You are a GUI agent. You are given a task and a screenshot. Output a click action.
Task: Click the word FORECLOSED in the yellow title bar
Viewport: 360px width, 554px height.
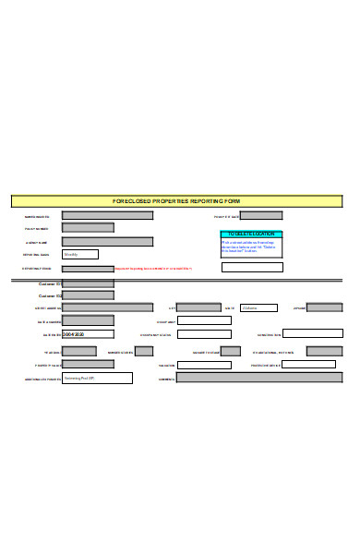tap(132, 200)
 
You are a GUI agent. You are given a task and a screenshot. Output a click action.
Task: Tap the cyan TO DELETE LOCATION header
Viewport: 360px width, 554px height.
tap(252, 235)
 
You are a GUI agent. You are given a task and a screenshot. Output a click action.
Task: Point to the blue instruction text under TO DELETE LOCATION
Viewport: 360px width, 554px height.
tap(252, 247)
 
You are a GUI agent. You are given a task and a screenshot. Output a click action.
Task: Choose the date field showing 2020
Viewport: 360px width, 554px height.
tap(88, 334)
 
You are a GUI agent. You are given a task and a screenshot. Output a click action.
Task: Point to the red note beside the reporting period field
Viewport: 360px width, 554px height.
tap(153, 269)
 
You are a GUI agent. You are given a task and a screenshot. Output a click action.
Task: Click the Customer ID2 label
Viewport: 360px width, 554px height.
tap(50, 295)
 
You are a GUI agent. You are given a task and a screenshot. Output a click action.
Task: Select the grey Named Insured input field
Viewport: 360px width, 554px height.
tap(107, 216)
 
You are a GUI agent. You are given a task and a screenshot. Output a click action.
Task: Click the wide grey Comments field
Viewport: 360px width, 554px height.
tap(258, 378)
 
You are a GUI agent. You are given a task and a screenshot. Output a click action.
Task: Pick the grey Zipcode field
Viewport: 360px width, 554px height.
tap(329, 307)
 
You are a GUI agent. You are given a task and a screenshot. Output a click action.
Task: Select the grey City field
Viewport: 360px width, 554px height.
tap(198, 307)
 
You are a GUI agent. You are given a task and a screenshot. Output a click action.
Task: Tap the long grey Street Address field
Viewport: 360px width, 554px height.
tap(107, 307)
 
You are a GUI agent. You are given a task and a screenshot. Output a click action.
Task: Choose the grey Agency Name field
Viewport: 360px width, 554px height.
tap(107, 241)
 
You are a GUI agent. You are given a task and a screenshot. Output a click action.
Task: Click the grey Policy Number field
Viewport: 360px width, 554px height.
tap(88, 227)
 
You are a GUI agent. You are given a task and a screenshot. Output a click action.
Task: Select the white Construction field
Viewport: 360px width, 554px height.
tap(312, 334)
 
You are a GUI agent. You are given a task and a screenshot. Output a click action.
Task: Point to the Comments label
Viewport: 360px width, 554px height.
tap(166, 379)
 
